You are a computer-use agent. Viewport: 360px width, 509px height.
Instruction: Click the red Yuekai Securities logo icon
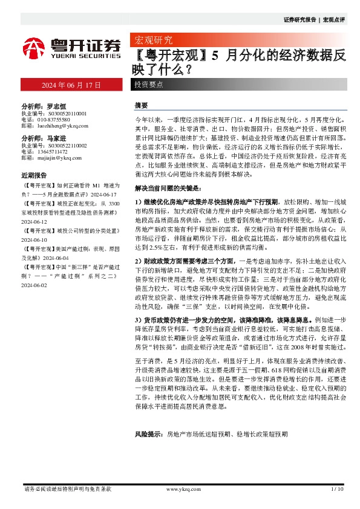pyautogui.click(x=34, y=47)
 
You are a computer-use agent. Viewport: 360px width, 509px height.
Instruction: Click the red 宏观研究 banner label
pyautogui.click(x=151, y=41)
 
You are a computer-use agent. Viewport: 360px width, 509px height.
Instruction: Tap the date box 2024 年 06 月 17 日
pyautogui.click(x=71, y=85)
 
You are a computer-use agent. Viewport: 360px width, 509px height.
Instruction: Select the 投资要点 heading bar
pyautogui.click(x=149, y=85)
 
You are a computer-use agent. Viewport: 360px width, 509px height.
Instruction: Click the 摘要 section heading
pyautogui.click(x=141, y=105)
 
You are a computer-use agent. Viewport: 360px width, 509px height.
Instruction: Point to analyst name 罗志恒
pyautogui.click(x=56, y=105)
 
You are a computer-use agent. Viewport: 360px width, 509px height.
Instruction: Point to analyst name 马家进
pyautogui.click(x=56, y=138)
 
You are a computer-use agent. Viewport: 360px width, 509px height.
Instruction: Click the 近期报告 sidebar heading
pyautogui.click(x=33, y=175)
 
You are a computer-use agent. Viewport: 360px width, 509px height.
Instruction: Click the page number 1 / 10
pyautogui.click(x=338, y=488)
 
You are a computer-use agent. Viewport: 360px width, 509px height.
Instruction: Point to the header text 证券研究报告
pyautogui.click(x=299, y=20)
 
